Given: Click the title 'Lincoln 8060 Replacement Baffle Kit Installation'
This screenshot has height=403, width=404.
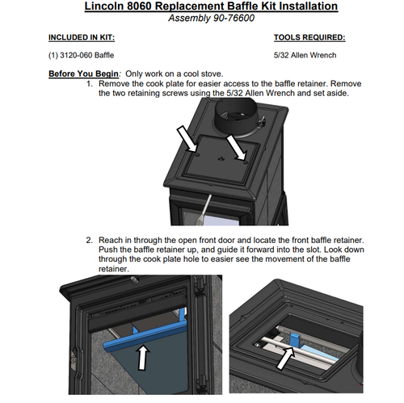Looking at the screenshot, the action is click(211, 6).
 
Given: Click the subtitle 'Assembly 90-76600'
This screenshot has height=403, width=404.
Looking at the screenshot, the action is click(211, 19).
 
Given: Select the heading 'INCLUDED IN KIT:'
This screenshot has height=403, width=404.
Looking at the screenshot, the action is click(82, 38).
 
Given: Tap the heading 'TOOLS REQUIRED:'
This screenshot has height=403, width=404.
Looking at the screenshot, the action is click(309, 38).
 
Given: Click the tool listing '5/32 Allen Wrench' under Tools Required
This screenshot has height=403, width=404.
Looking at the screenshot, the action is click(305, 56).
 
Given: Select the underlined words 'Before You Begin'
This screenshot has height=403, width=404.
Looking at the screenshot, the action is click(83, 73).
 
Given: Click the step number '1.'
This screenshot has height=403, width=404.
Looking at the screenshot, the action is click(90, 84).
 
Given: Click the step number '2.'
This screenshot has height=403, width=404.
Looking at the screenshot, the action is click(90, 240).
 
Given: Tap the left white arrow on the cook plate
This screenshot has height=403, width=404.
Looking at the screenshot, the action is click(187, 139).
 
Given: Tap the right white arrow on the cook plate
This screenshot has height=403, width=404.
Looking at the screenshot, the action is click(236, 148).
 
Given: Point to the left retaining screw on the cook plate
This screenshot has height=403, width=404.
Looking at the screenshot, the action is click(197, 155).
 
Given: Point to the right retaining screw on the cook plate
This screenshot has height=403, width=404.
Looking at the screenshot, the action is click(245, 162).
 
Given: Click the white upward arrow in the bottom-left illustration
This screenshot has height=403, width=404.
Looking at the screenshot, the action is click(143, 358).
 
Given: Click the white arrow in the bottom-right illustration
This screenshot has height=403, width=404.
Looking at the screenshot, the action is click(286, 359).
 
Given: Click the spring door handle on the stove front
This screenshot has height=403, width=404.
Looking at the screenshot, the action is click(205, 208).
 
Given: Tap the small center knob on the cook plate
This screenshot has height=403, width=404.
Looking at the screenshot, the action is click(221, 159).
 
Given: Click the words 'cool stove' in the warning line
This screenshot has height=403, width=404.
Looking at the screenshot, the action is click(204, 73).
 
